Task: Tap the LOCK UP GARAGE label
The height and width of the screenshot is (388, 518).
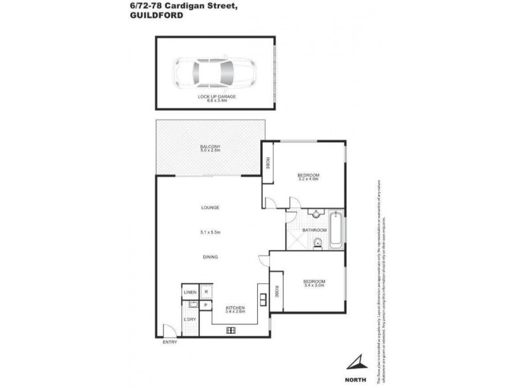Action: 216,96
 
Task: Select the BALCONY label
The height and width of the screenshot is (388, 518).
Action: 210,147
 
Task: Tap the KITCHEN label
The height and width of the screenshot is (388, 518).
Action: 234,307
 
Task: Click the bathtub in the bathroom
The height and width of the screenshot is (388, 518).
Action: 336,230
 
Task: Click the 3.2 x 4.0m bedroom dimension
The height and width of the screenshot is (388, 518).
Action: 308,180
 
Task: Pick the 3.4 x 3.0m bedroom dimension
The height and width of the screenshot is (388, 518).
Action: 313,285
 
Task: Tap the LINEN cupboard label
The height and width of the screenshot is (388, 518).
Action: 190,293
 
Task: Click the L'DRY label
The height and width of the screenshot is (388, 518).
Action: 190,319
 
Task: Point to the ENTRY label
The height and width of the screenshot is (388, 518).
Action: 169,342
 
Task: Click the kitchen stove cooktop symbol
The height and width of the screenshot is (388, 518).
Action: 231,330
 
